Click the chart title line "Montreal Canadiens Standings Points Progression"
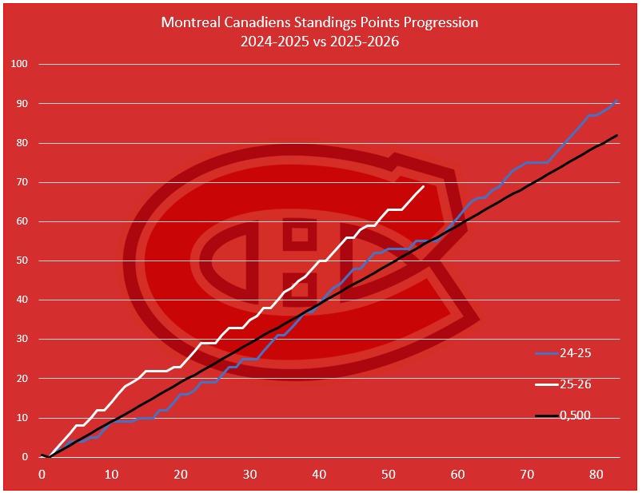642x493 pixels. pos(320,22)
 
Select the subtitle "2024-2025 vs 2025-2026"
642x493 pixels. pos(320,42)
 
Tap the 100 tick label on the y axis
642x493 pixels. pos(19,64)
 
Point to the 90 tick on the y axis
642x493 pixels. pos(22,104)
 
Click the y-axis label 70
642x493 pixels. pos(22,182)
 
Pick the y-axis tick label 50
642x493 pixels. pos(22,260)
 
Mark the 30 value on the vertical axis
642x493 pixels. pos(22,339)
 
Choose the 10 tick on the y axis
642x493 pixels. pos(22,418)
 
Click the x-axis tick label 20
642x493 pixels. pos(181,474)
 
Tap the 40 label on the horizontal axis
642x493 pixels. pos(319,474)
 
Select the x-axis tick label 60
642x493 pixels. pos(458,474)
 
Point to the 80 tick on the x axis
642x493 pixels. pos(596,474)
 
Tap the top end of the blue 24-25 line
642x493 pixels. pos(617,101)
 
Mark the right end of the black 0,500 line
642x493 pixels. pos(617,135)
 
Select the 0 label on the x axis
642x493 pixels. pos(42,474)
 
